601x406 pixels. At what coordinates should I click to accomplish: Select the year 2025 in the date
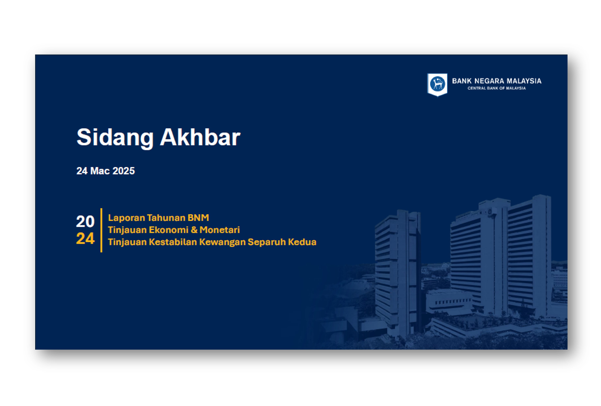pos(124,171)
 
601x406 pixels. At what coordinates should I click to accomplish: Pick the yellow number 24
pos(85,238)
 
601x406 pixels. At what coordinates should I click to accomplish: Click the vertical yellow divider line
pos(101,230)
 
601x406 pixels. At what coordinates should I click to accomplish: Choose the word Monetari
pos(220,230)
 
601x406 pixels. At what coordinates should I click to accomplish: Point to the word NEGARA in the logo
pos(489,81)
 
